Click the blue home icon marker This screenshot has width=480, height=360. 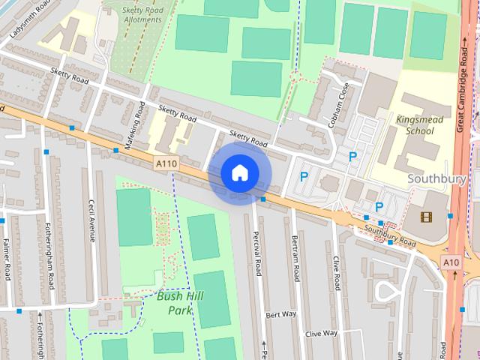(x=238, y=173)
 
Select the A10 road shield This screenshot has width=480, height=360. (x=451, y=262)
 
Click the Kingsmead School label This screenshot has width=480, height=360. (x=419, y=125)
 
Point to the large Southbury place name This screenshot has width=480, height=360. (x=437, y=179)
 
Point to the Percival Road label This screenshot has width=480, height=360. (x=257, y=253)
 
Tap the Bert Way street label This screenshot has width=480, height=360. (x=281, y=313)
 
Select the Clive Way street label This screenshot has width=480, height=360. (x=322, y=333)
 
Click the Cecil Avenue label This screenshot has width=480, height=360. (x=92, y=219)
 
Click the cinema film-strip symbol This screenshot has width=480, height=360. (x=426, y=217)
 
